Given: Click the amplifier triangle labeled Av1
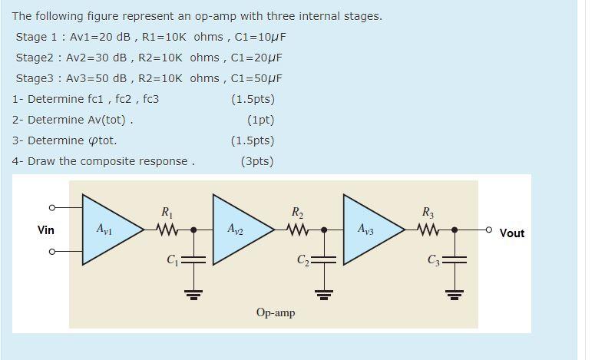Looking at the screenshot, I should [107, 229].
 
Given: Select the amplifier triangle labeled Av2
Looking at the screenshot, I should [238, 229].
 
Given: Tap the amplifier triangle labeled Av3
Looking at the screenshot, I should [369, 229].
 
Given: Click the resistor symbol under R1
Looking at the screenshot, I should [167, 229].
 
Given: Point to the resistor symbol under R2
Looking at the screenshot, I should [298, 229].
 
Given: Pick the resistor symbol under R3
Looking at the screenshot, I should [428, 229].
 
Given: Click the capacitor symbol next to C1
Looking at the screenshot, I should [193, 259].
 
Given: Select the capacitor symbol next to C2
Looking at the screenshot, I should [324, 259].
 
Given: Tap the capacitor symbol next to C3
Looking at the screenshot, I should [455, 259].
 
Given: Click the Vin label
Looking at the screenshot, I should [46, 230].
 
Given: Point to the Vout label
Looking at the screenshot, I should [512, 233].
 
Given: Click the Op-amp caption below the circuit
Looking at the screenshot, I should [276, 312].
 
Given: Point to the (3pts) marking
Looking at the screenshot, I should [256, 161].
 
